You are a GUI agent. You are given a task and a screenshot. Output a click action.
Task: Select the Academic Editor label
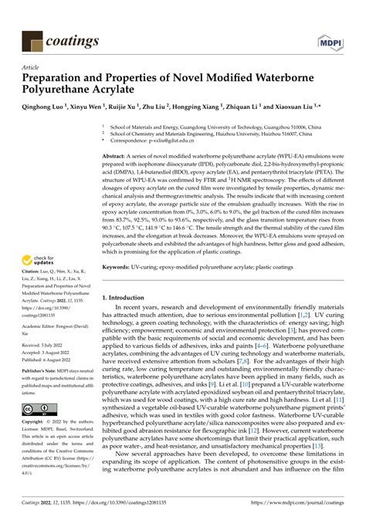[43, 326]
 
